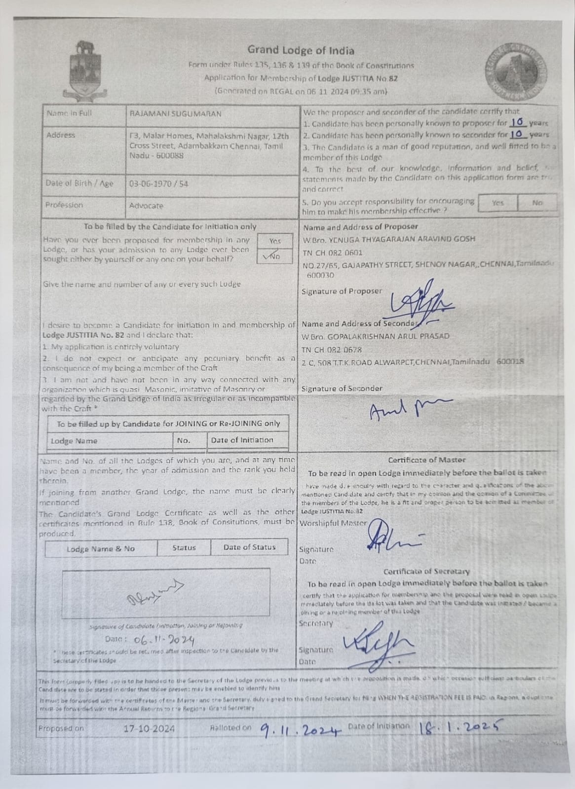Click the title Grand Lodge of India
(301, 50)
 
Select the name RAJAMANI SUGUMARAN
(175, 114)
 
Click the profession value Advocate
(146, 206)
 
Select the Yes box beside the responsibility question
(498, 203)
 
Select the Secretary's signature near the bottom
(380, 644)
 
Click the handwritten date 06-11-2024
(163, 640)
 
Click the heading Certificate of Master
(426, 460)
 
